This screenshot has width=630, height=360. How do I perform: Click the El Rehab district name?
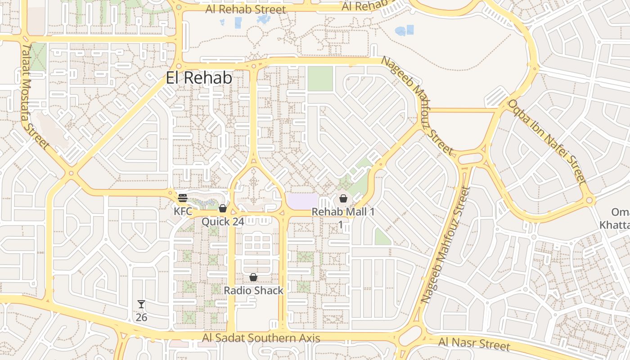point(199,78)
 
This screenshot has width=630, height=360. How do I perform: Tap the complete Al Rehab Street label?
point(245,9)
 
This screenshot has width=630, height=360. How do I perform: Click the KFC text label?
point(183,211)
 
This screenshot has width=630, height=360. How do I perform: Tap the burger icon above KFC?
point(183,198)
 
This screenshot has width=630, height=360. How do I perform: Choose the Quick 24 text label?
point(223,221)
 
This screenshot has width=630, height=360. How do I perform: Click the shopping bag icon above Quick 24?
point(222,208)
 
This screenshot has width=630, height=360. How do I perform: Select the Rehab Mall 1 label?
point(343,211)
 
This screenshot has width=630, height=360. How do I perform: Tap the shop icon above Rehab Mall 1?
point(343,198)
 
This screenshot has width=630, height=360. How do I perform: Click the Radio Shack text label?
point(254,290)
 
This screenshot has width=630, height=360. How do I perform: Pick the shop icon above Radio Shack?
point(253,277)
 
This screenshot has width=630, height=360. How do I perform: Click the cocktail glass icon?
point(141,304)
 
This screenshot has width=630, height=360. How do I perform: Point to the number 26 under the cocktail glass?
point(141,317)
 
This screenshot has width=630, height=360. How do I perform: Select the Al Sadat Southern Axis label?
point(261,338)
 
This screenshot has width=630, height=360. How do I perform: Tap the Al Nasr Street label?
point(474,344)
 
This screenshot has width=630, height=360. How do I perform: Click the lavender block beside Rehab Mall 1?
point(302,201)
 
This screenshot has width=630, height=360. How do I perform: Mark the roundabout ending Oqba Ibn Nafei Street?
point(589,200)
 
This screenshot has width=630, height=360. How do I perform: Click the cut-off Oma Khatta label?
point(616,218)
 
